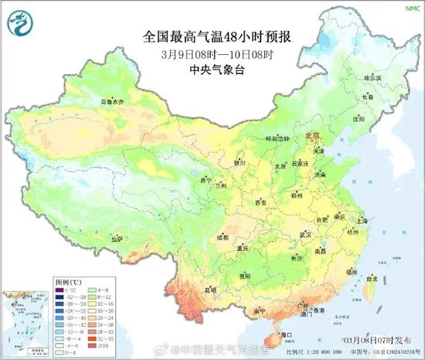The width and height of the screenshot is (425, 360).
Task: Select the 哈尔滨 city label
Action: tap(372, 78)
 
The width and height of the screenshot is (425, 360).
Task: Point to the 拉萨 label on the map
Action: tap(117, 239)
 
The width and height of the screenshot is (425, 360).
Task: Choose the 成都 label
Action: tap(223, 238)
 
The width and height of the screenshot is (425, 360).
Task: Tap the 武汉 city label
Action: tap(304, 234)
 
